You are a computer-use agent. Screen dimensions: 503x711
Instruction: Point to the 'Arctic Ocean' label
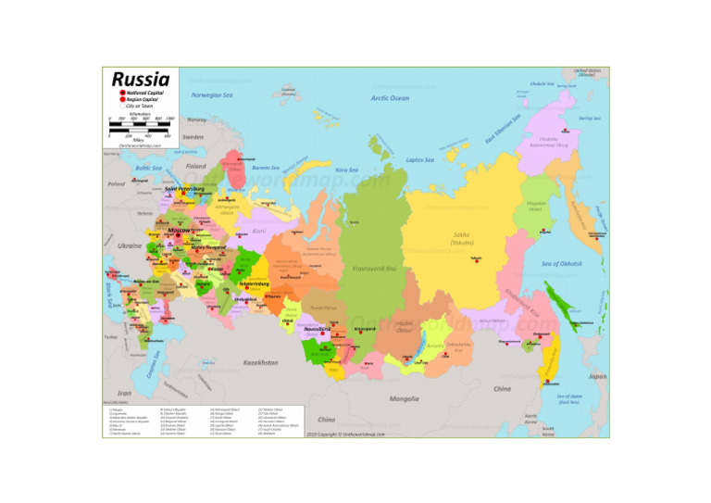click(x=390, y=97)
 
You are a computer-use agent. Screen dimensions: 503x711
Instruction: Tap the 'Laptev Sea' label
click(x=420, y=159)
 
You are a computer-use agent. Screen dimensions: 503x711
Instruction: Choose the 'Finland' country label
click(x=195, y=166)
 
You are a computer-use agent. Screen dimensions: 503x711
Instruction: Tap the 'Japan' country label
click(x=597, y=377)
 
